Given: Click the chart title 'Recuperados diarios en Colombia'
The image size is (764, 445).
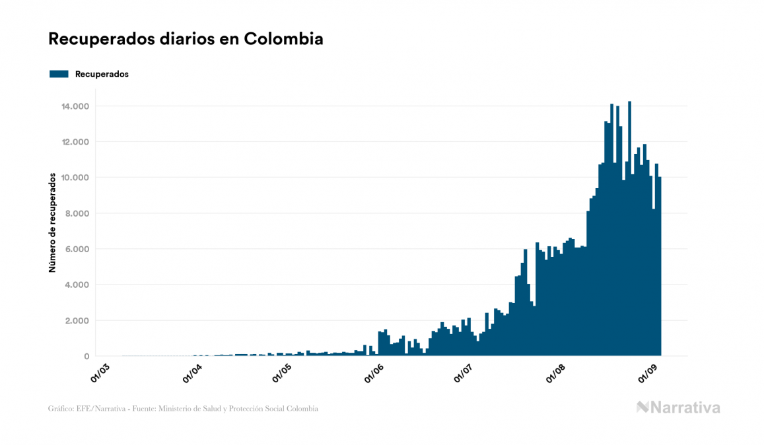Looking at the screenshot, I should click(x=186, y=39).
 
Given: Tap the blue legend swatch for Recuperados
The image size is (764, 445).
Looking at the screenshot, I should click(x=59, y=74).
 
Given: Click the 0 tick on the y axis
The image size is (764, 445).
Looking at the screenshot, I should click(x=87, y=357).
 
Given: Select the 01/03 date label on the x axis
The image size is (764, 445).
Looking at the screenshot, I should click(x=101, y=373).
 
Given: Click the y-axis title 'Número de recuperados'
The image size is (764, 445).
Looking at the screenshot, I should click(x=52, y=222).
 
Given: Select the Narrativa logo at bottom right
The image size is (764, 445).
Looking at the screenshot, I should click(x=678, y=407).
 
